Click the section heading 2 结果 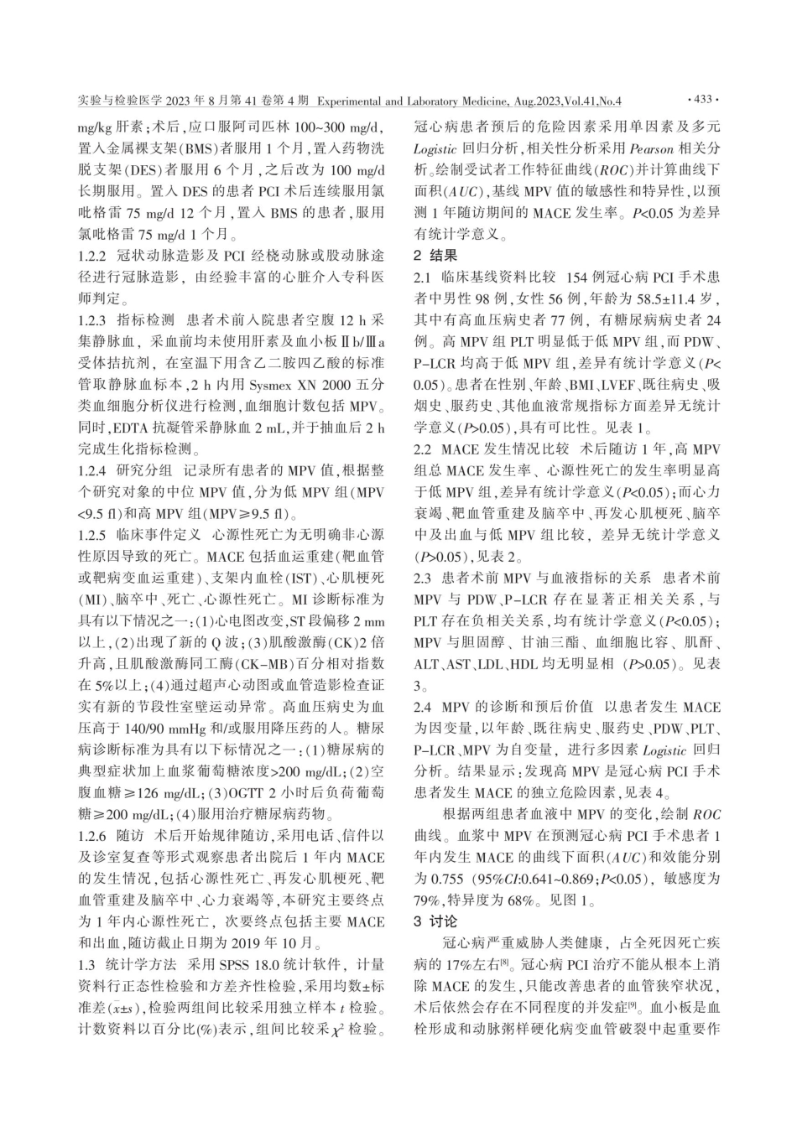tap(436, 254)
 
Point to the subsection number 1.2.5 tap(92, 532)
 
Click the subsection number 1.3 tap(86, 988)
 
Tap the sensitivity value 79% tap(430, 900)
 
